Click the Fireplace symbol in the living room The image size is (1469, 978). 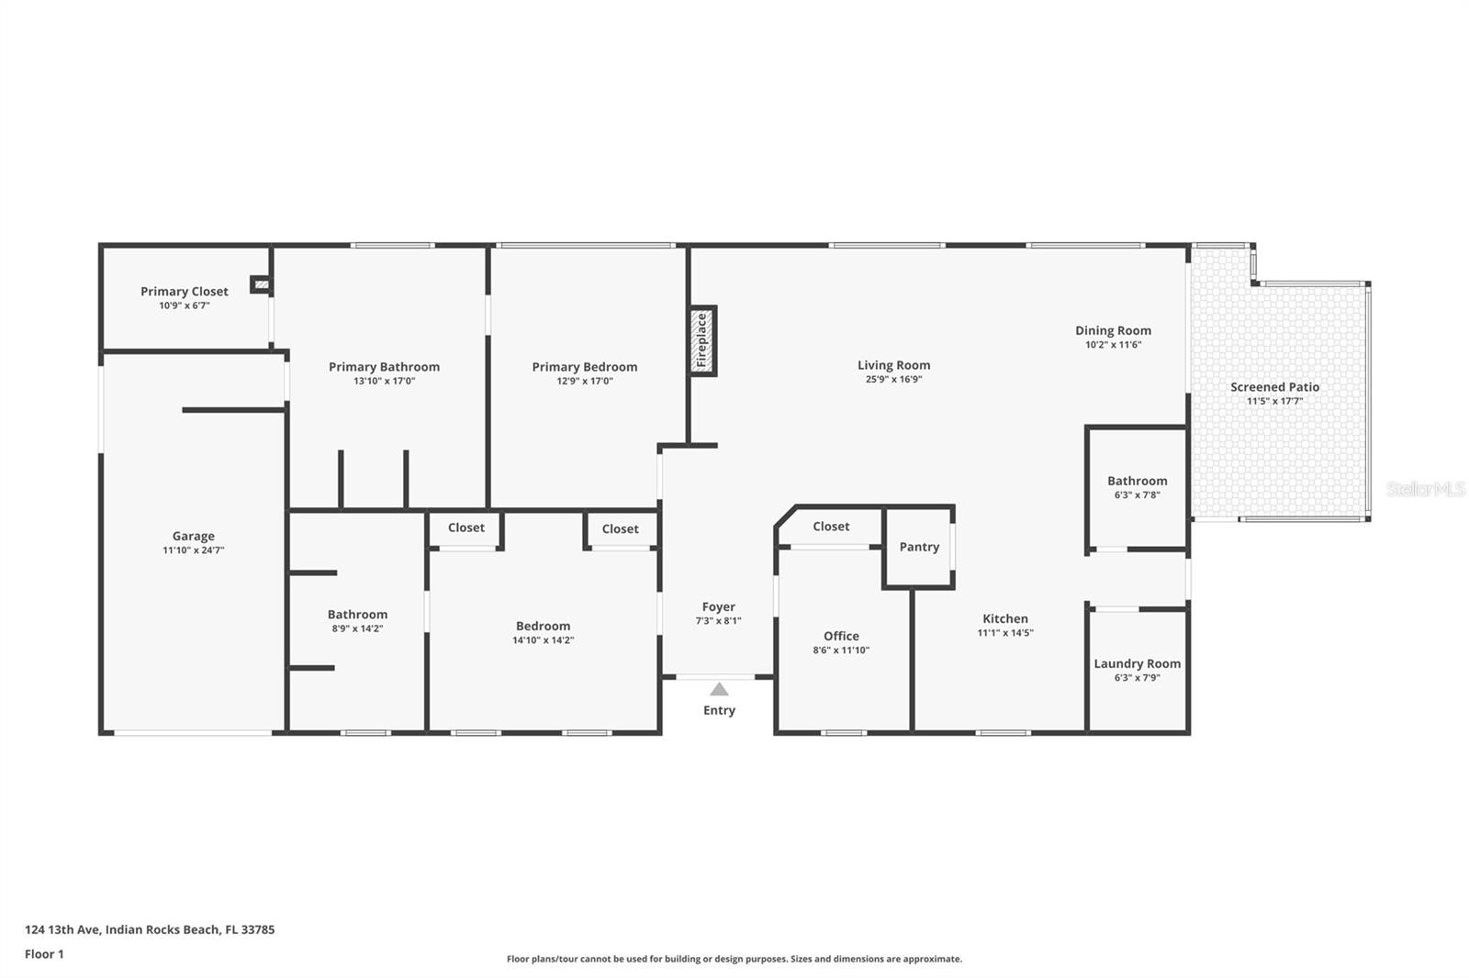tap(702, 341)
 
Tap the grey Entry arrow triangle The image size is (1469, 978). tap(719, 689)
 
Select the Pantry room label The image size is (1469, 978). tap(919, 547)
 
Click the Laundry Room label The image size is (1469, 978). tap(1137, 663)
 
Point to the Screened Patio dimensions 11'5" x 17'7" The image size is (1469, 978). tap(1274, 401)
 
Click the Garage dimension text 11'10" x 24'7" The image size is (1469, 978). tap(193, 550)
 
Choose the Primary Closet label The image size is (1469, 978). tap(184, 291)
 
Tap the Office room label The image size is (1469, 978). tap(841, 636)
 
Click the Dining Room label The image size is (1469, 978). tap(1113, 330)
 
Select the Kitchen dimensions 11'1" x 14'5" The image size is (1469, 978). tap(1005, 633)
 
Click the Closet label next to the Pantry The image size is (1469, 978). tap(831, 526)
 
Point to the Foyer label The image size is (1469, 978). tap(718, 606)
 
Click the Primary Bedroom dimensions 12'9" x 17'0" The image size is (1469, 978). tap(584, 381)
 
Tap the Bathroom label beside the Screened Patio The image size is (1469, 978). tap(1137, 481)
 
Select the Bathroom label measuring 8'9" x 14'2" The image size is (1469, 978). tap(357, 615)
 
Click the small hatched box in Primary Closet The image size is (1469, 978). tap(262, 285)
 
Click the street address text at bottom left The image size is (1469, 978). tap(150, 929)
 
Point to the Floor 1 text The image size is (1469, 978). tap(44, 954)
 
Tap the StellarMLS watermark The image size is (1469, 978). tap(1425, 489)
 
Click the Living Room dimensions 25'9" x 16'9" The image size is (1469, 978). tap(893, 379)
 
